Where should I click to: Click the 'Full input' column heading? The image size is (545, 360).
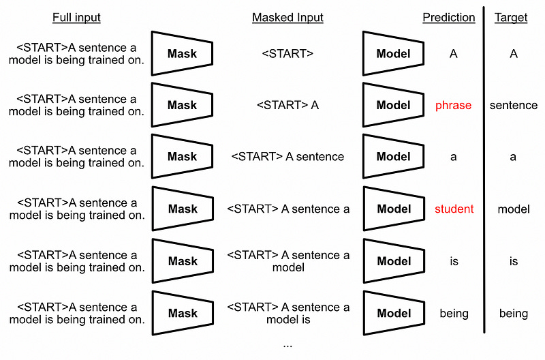76,18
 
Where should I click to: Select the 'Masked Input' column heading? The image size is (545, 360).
287,18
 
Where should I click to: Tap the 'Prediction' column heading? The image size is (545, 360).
449,18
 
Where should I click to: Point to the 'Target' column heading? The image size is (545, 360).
511,18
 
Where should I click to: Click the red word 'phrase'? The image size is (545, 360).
453,106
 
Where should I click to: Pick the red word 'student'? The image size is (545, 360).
454,209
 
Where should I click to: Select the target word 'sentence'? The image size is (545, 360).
514,105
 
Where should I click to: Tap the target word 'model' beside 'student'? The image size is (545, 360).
514,209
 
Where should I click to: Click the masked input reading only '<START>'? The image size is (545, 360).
287,54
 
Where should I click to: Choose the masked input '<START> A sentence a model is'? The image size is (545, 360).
288,313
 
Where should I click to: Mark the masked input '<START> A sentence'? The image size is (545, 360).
287,157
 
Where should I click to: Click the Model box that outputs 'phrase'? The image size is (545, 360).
393,105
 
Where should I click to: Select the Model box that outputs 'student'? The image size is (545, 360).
394,209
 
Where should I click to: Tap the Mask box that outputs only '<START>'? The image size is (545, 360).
182,53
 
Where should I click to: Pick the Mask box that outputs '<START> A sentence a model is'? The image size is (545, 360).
183,313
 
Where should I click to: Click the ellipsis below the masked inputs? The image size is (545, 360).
287,346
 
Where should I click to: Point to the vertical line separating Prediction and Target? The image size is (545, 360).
484,170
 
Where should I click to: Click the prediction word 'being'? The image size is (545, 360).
454,314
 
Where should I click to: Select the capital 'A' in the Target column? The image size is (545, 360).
514,54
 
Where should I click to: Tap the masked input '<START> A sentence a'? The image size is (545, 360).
288,209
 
